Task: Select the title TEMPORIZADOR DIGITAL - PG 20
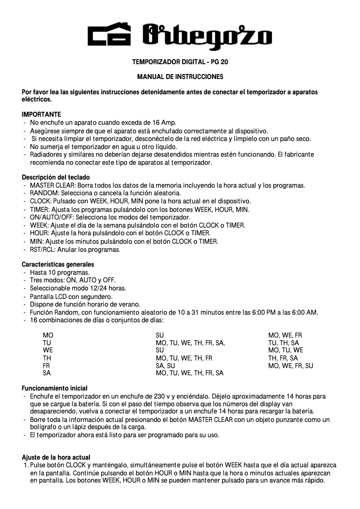tap(180, 61)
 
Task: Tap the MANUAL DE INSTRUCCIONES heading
tap(180, 77)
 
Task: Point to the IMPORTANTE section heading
tap(41, 114)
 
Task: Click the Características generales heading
tap(58, 264)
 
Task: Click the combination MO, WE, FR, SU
tap(290, 366)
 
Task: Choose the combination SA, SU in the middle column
tap(165, 366)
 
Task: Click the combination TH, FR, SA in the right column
tap(283, 358)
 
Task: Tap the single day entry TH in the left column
tap(47, 358)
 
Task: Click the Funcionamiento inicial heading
tap(54, 388)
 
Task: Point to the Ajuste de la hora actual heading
tap(56, 457)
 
